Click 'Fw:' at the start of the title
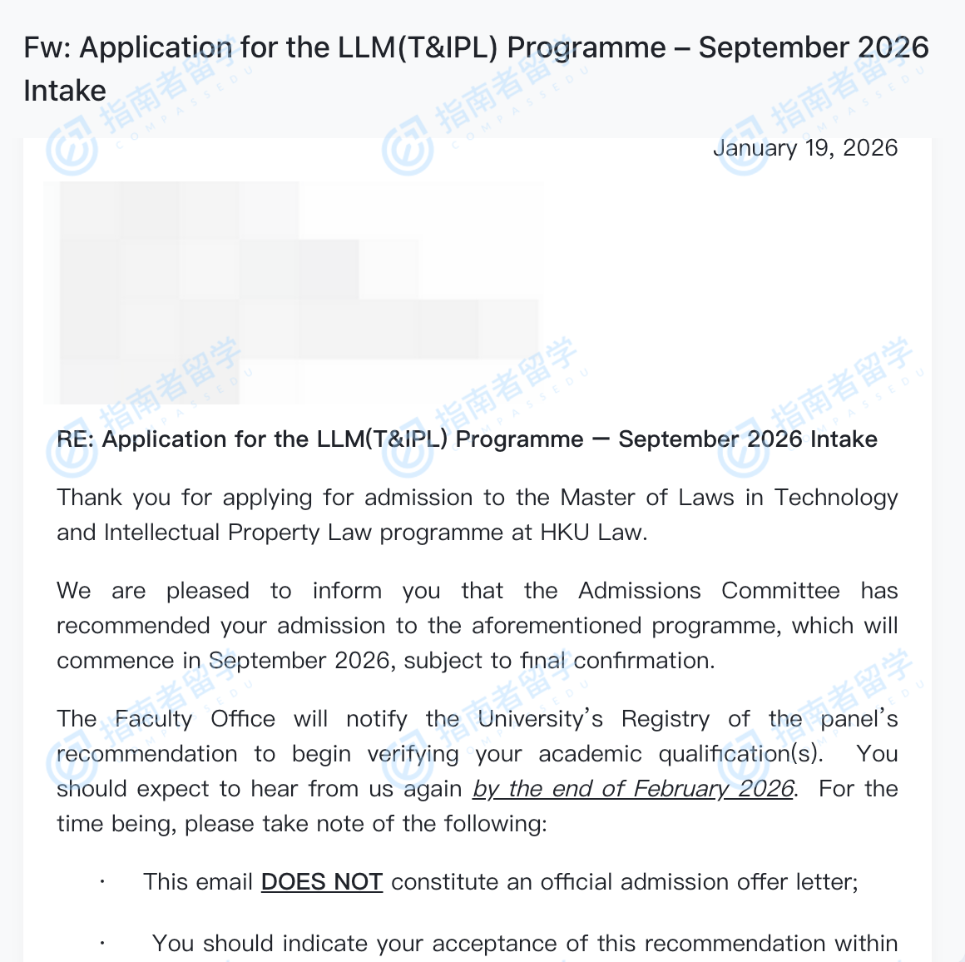47,48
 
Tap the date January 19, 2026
805,148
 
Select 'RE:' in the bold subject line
76,439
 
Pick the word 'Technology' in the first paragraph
835,498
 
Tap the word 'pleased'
207,591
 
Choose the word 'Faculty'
153,719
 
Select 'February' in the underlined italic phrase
680,789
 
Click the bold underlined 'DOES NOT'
321,882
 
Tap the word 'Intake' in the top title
65,91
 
